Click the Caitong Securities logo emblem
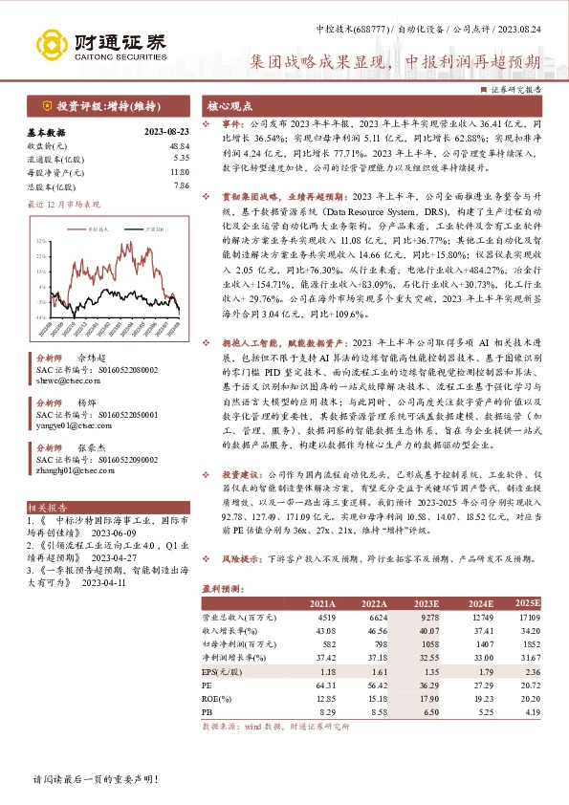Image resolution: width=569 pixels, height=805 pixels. click(x=48, y=44)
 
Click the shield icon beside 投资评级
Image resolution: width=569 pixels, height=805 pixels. click(x=46, y=107)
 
